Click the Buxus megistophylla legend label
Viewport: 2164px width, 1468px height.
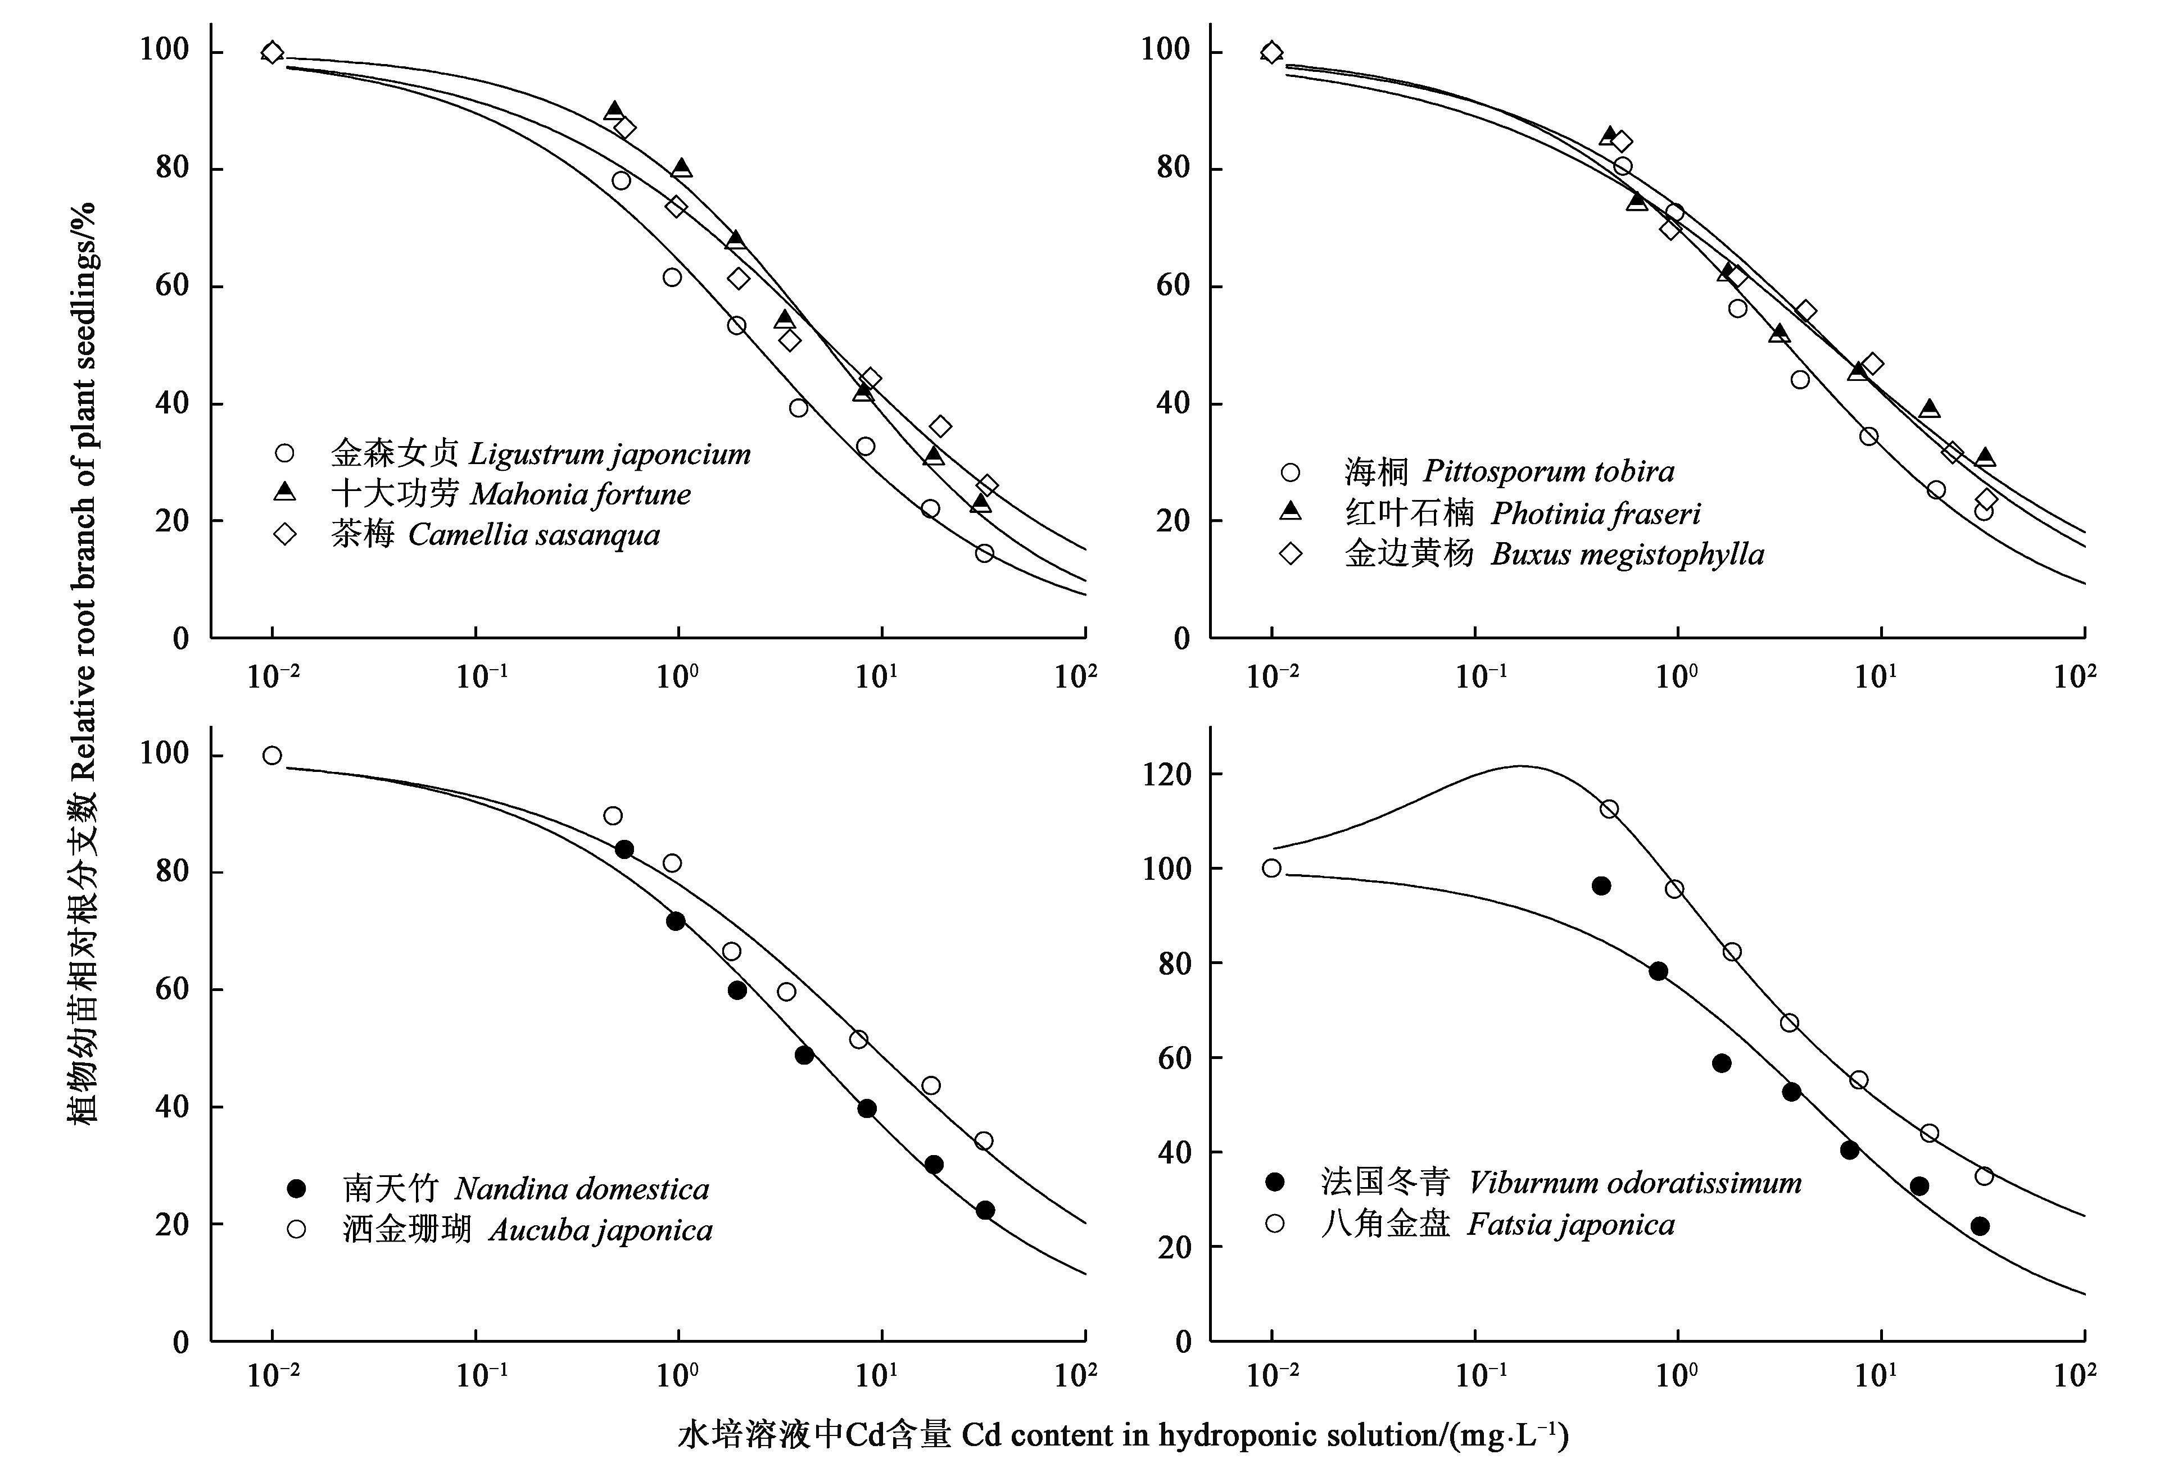pos(1553,554)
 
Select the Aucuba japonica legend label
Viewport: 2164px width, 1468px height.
pos(527,1230)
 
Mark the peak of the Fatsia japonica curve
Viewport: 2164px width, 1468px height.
pos(1520,766)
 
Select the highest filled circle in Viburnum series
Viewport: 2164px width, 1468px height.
pos(1601,885)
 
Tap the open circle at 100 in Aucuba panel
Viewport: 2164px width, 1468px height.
pos(272,755)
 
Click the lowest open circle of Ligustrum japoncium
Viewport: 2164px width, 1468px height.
pos(984,553)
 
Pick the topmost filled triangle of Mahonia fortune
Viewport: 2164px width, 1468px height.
pos(614,110)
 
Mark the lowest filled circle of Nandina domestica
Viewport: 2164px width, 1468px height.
pos(985,1210)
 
